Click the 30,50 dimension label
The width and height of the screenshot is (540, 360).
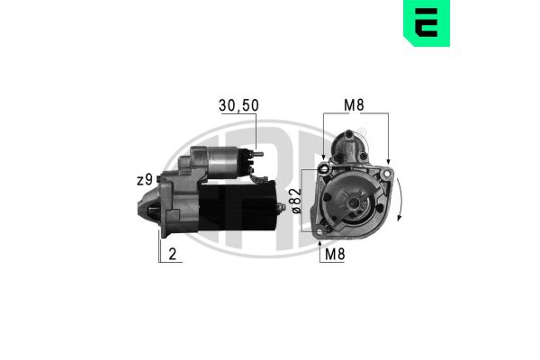238,105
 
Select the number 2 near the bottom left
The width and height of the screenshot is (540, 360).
172,254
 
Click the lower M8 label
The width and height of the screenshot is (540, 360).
336,254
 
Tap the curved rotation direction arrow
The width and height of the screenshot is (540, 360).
400,207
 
